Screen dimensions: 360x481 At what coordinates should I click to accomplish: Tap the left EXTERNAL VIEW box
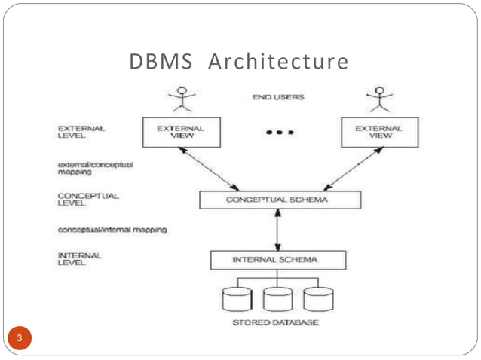pyautogui.click(x=180, y=132)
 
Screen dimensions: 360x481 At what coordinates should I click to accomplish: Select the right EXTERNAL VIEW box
pyautogui.click(x=378, y=132)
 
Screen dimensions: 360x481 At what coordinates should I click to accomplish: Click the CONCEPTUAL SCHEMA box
pyautogui.click(x=280, y=200)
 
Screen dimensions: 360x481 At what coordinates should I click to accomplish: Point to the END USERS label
pyautogui.click(x=279, y=97)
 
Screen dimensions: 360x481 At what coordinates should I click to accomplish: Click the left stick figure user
pyautogui.click(x=181, y=98)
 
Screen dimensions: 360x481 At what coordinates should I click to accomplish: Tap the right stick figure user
pyautogui.click(x=379, y=98)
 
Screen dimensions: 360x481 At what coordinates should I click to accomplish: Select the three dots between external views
pyautogui.click(x=279, y=133)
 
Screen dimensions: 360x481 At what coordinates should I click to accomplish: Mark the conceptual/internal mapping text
pyautogui.click(x=112, y=229)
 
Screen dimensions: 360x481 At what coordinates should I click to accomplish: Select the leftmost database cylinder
pyautogui.click(x=237, y=299)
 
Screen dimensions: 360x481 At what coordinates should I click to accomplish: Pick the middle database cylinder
pyautogui.click(x=277, y=299)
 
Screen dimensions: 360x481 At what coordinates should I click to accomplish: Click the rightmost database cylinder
pyautogui.click(x=317, y=299)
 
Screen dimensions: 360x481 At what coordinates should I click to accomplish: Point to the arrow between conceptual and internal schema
pyautogui.click(x=278, y=230)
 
